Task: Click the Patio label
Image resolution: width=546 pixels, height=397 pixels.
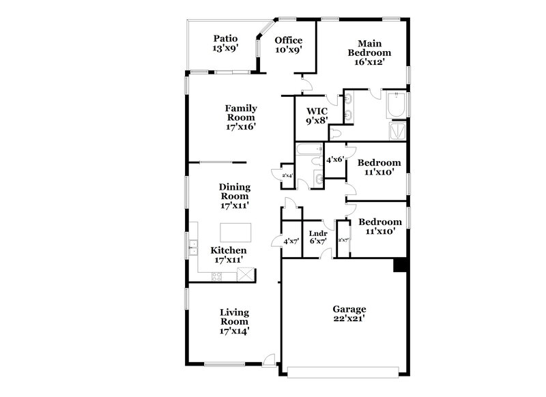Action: click(x=225, y=44)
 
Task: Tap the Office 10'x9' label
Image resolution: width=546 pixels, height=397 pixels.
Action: click(x=288, y=45)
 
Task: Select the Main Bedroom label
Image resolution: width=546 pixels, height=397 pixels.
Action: click(x=369, y=52)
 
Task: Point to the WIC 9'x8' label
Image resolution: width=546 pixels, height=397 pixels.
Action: click(x=317, y=115)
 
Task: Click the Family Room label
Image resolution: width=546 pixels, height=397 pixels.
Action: click(x=241, y=117)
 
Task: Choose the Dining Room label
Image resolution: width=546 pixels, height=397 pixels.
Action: click(x=235, y=196)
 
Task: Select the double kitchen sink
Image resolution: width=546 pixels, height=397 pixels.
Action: click(x=194, y=247)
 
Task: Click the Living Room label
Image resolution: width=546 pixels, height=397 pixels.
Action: click(x=234, y=322)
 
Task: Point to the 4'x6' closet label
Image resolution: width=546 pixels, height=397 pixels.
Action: click(x=334, y=160)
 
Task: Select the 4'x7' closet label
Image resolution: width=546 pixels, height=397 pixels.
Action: click(x=291, y=240)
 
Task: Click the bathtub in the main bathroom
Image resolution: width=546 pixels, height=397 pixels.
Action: click(x=395, y=105)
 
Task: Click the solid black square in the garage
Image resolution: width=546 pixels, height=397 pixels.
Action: click(x=402, y=267)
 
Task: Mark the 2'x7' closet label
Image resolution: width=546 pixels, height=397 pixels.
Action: click(x=343, y=239)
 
